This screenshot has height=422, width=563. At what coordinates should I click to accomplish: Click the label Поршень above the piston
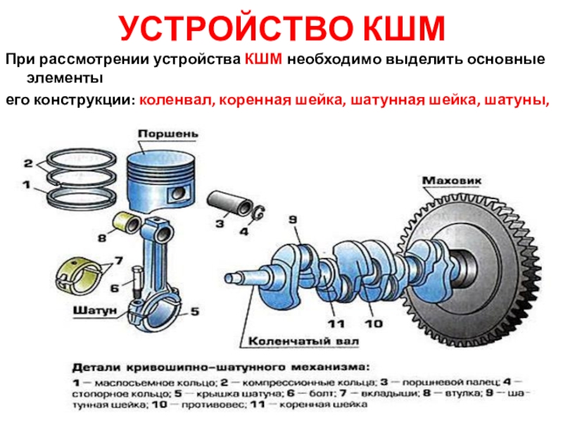point(167,132)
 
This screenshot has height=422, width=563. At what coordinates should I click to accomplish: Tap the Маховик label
point(451,181)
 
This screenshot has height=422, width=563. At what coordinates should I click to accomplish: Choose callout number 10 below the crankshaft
point(372,324)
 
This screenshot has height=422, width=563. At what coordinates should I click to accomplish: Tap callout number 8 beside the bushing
point(102,238)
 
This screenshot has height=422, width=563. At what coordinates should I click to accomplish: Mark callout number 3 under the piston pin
point(220,224)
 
